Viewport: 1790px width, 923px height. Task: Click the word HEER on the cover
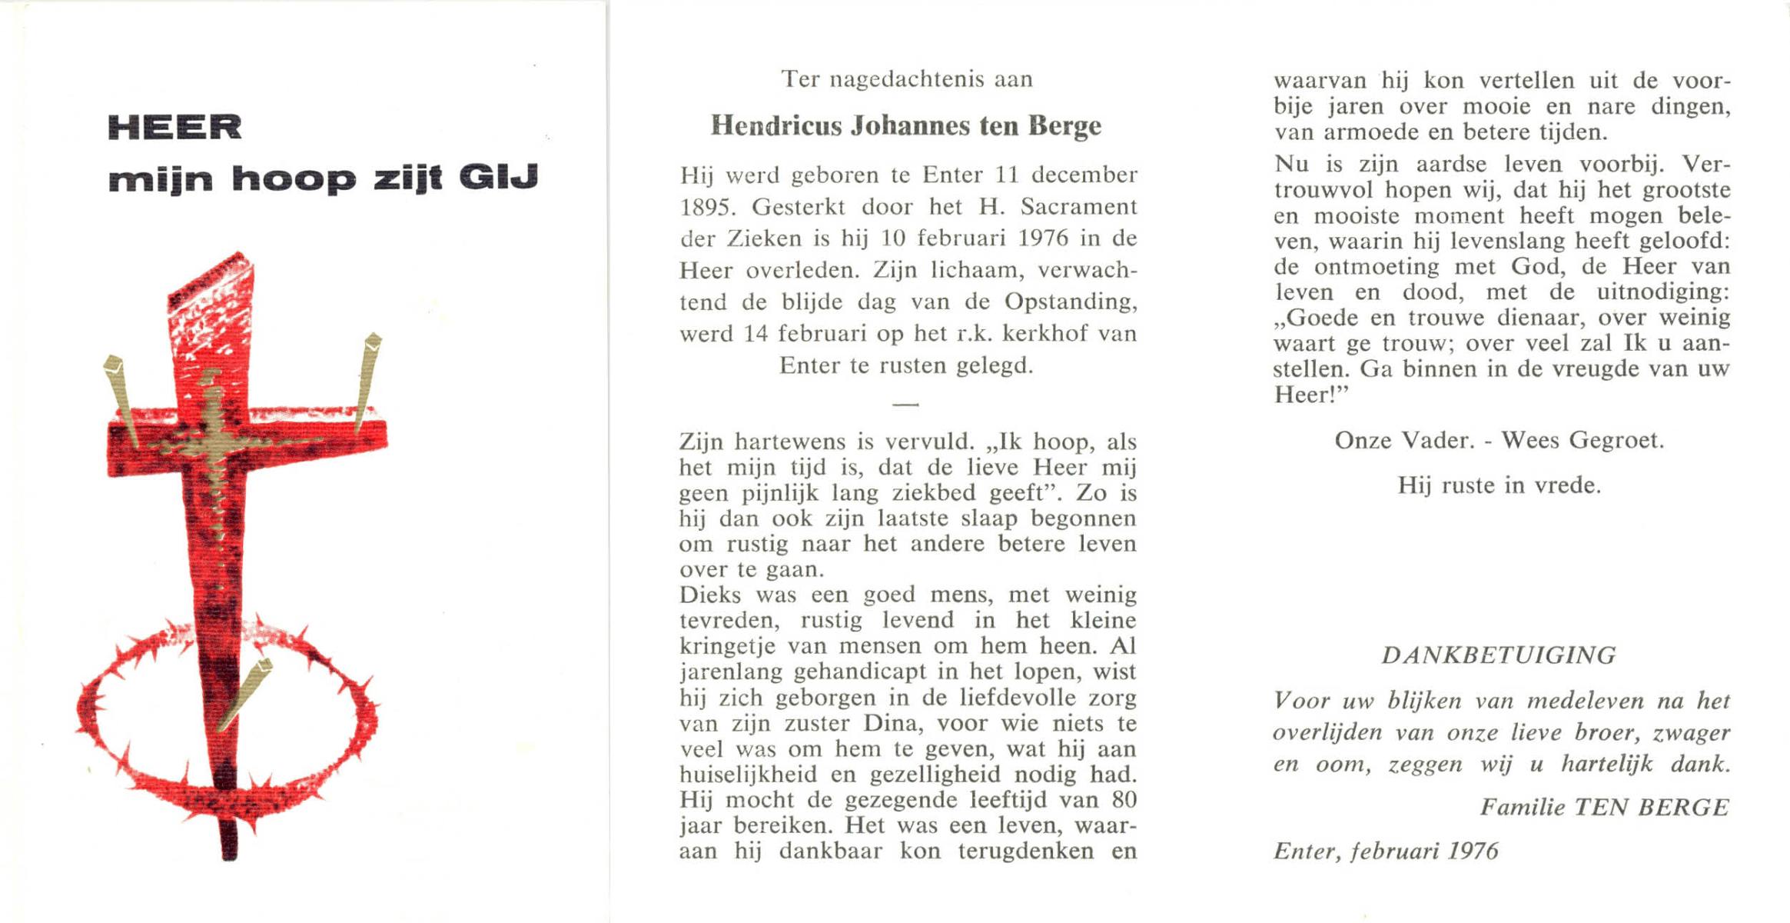(175, 127)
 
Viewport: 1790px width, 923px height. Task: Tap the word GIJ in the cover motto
(499, 178)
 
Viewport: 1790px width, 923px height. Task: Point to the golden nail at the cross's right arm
(367, 380)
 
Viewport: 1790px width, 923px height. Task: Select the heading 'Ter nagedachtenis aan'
(907, 79)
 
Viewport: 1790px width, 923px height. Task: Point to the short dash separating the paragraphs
(905, 404)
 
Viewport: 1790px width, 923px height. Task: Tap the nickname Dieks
(710, 595)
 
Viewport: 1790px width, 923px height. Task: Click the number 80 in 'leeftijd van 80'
(1123, 800)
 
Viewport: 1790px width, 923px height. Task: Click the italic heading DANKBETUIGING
(1499, 655)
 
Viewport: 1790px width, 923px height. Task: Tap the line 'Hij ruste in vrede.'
(1499, 485)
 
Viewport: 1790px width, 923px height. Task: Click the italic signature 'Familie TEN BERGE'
(1604, 807)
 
